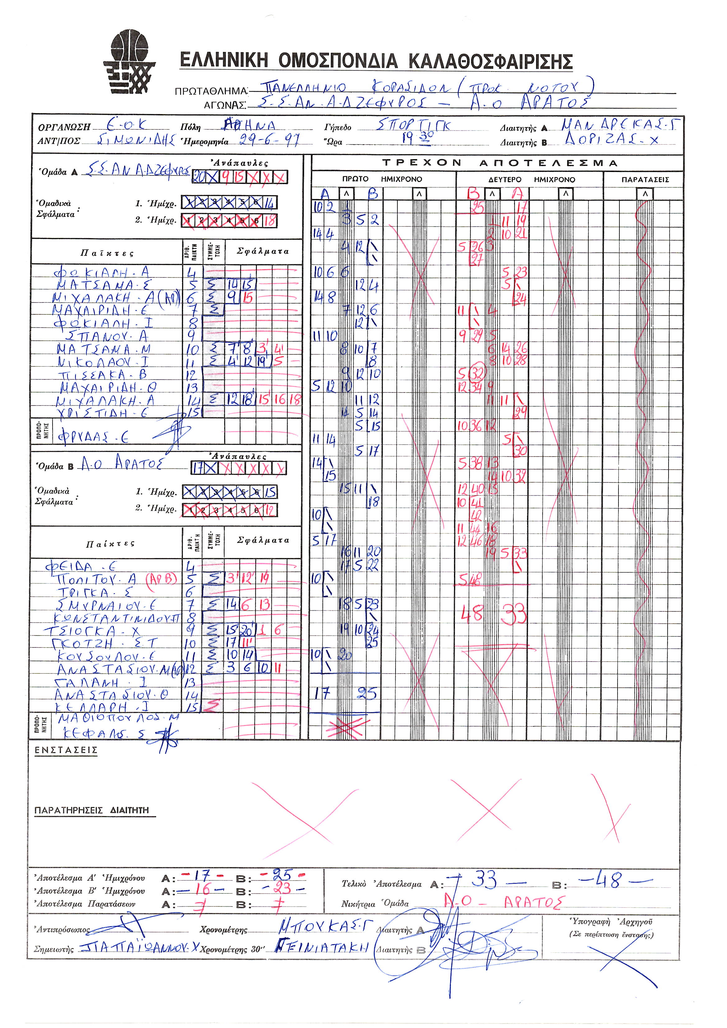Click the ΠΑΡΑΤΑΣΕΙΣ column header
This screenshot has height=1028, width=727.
pyautogui.click(x=645, y=179)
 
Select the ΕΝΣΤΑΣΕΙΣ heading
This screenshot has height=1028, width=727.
pyautogui.click(x=66, y=750)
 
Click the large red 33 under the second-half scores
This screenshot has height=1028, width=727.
pyautogui.click(x=513, y=614)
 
